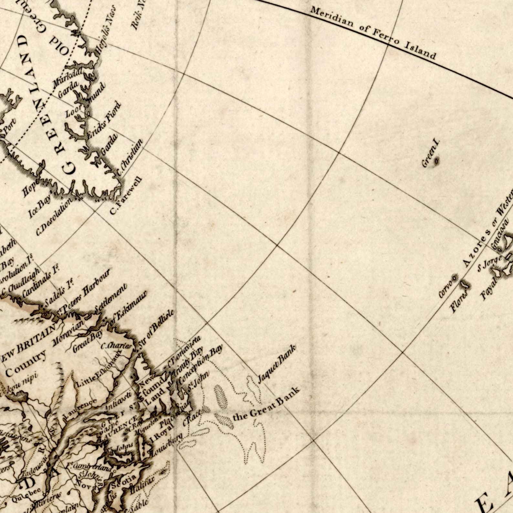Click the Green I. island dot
coord(437,160)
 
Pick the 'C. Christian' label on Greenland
coord(129,157)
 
